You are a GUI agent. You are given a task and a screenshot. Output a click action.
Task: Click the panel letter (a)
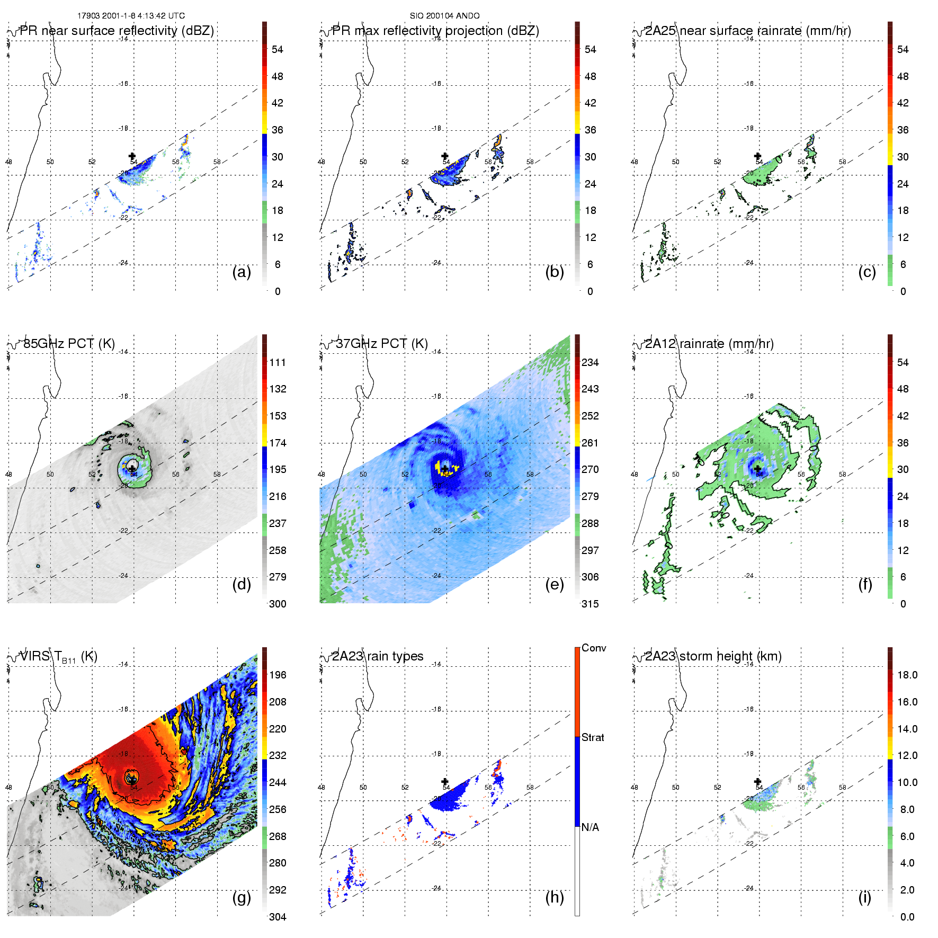242,272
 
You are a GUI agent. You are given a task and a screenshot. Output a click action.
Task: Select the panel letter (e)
554,585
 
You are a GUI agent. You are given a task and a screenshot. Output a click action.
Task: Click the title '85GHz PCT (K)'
69,344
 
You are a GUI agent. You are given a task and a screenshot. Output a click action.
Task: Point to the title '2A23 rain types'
378,656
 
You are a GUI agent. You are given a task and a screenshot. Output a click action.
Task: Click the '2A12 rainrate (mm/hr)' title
709,344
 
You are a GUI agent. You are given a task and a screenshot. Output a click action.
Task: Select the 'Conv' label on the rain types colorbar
594,648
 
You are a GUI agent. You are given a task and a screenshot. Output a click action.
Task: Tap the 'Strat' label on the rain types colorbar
593,737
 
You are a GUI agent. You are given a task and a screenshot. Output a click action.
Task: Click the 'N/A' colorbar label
590,827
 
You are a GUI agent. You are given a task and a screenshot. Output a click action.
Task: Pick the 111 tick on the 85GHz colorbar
278,362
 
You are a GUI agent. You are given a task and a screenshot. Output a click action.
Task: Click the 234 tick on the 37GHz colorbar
590,362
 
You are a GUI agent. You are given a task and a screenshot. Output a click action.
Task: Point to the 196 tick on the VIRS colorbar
278,675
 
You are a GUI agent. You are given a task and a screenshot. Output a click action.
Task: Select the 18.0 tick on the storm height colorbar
907,675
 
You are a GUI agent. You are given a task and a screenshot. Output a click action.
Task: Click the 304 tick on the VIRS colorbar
278,917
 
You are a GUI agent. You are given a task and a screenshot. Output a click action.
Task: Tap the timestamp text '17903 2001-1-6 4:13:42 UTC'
131,16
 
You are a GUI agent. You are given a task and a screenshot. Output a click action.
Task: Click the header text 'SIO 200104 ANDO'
444,16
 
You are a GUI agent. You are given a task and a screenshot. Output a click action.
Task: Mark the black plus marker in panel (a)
132,156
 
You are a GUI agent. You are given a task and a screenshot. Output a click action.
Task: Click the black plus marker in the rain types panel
445,781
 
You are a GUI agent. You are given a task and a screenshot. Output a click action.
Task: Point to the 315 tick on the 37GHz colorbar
590,604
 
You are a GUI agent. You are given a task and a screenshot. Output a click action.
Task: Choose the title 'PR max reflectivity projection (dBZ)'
435,31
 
